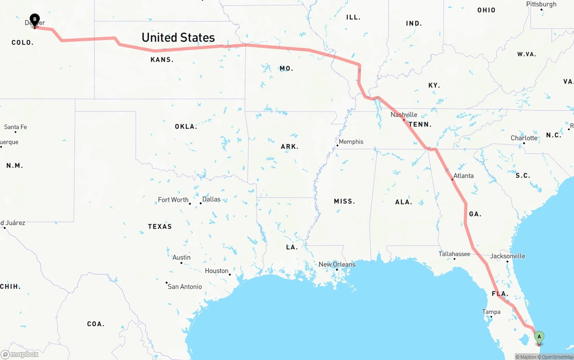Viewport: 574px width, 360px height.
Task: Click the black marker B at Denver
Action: point(35,19)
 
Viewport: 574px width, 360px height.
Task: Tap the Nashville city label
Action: point(404,115)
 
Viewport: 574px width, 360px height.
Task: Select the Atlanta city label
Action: point(463,176)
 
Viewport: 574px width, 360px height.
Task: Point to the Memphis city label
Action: point(351,142)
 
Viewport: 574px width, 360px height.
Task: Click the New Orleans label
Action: point(337,265)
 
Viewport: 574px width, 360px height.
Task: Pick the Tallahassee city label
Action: point(454,254)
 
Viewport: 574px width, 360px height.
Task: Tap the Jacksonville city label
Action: point(507,256)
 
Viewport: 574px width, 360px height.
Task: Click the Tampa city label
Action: point(491,312)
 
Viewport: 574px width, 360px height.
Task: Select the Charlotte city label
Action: point(524,138)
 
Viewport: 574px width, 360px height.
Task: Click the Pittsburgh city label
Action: point(541,4)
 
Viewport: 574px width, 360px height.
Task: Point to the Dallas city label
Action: point(211,199)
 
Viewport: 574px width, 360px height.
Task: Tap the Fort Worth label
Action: point(173,200)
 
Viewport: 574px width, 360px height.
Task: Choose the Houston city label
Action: point(217,271)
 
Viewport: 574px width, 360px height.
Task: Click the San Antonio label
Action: point(185,286)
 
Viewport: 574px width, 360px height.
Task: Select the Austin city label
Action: point(181,257)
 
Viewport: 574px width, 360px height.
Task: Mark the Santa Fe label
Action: point(15,127)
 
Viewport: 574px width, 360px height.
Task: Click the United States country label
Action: point(178,38)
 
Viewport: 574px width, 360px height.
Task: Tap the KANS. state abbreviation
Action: point(162,60)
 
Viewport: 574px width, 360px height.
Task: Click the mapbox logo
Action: point(20,354)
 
